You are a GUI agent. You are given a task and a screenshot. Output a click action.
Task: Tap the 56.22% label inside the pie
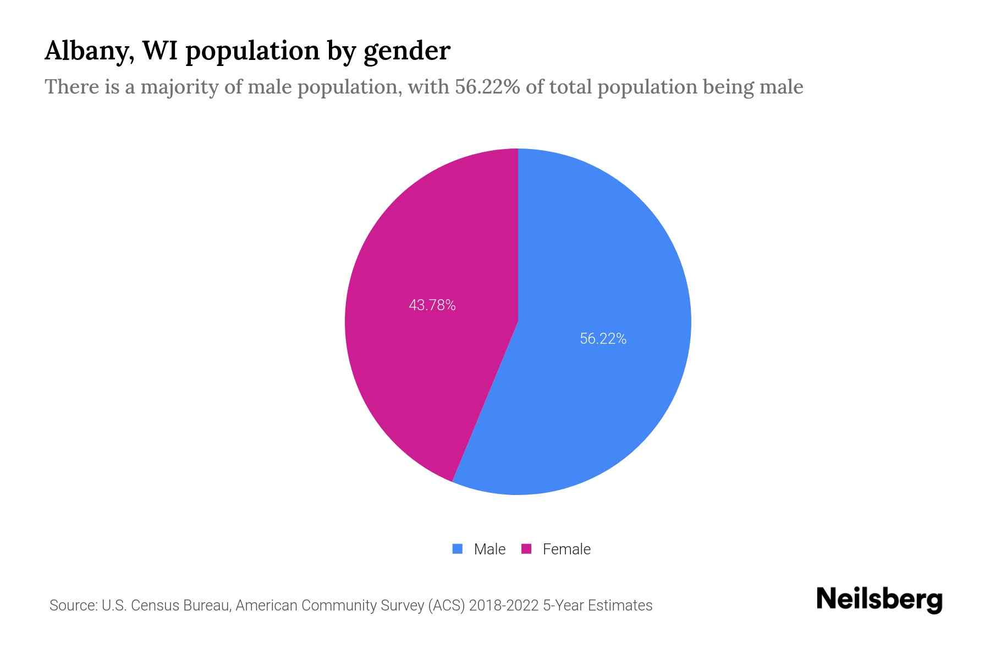click(x=603, y=339)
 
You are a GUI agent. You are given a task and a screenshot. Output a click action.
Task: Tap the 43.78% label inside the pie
click(x=432, y=305)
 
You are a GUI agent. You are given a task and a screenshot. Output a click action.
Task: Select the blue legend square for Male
click(x=457, y=549)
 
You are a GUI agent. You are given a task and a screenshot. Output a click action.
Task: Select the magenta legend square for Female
click(x=526, y=549)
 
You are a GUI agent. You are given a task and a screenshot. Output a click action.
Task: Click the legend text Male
click(x=490, y=549)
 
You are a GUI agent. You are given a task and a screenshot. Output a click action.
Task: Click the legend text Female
click(x=566, y=549)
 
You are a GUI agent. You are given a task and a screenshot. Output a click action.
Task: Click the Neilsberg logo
click(x=879, y=599)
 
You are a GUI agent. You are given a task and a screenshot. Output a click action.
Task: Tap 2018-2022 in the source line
click(x=504, y=606)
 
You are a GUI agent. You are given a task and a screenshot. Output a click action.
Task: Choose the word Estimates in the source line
click(x=620, y=606)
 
